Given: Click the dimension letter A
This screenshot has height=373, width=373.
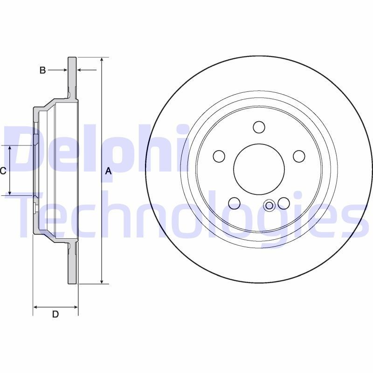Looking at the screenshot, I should (108, 171).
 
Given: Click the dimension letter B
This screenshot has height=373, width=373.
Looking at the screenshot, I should (42, 70).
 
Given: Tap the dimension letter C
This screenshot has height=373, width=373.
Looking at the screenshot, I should (3, 171).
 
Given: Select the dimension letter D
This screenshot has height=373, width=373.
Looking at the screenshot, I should (55, 314).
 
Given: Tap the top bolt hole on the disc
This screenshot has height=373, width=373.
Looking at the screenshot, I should (259, 127).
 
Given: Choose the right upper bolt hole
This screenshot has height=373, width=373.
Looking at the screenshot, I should (299, 156).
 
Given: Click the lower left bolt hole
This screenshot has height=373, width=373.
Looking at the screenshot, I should (235, 203).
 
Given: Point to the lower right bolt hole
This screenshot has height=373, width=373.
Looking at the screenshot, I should (283, 203).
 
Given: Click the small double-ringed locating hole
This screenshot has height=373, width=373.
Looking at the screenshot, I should (269, 206).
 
